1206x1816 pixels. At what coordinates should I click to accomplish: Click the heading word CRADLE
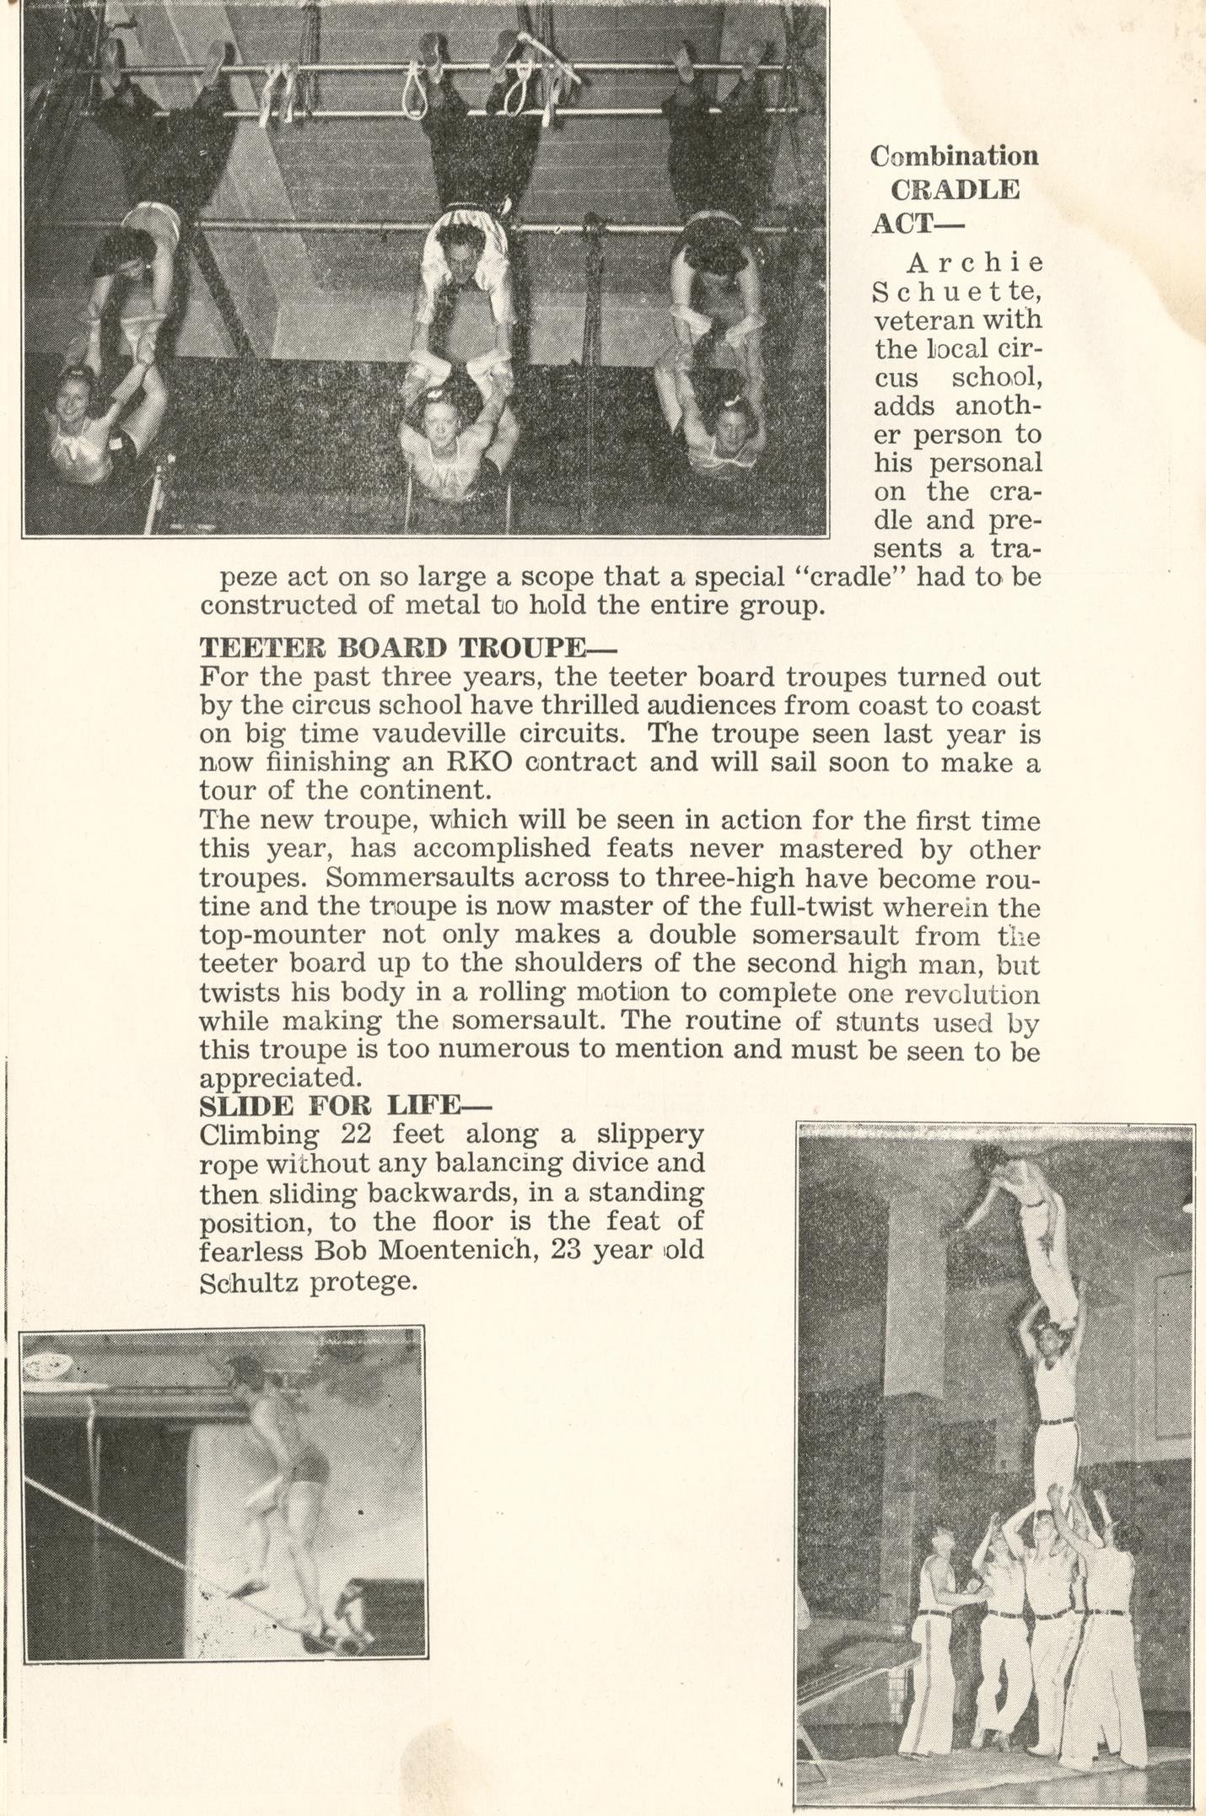point(956,189)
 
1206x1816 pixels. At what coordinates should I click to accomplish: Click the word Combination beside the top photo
point(954,155)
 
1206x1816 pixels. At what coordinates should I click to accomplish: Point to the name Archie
point(974,263)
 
